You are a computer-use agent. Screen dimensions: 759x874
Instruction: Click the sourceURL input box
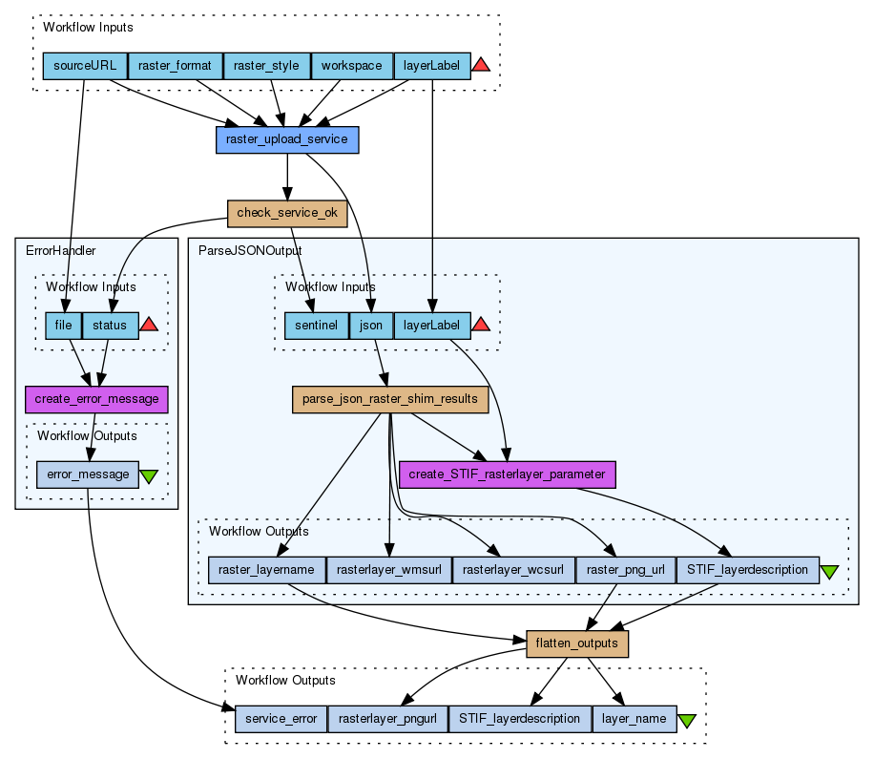pyautogui.click(x=85, y=66)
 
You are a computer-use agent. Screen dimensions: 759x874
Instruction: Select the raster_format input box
pyautogui.click(x=175, y=66)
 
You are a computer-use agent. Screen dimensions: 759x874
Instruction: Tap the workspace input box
pyautogui.click(x=351, y=66)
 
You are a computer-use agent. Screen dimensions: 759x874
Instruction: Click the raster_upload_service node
pyautogui.click(x=287, y=140)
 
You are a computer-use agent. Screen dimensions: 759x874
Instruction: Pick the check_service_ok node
pyautogui.click(x=287, y=213)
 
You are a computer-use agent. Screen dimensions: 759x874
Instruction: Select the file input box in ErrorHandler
pyautogui.click(x=63, y=326)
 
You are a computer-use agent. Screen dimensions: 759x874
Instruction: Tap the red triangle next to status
pyautogui.click(x=149, y=326)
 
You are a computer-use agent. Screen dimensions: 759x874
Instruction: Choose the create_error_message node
pyautogui.click(x=96, y=399)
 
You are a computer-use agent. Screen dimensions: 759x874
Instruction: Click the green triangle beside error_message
pyautogui.click(x=149, y=474)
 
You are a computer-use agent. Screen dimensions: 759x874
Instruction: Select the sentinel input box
pyautogui.click(x=316, y=326)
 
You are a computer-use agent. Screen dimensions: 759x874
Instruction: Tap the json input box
pyautogui.click(x=370, y=326)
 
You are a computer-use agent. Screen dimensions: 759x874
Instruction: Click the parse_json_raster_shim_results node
pyautogui.click(x=389, y=399)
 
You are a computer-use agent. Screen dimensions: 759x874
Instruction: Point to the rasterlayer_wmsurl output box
pyautogui.click(x=388, y=571)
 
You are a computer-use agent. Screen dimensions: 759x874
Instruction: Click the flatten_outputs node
pyautogui.click(x=577, y=644)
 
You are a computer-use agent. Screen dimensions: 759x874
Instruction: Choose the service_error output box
pyautogui.click(x=281, y=718)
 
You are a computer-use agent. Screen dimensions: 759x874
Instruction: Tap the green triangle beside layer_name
pyautogui.click(x=686, y=720)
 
